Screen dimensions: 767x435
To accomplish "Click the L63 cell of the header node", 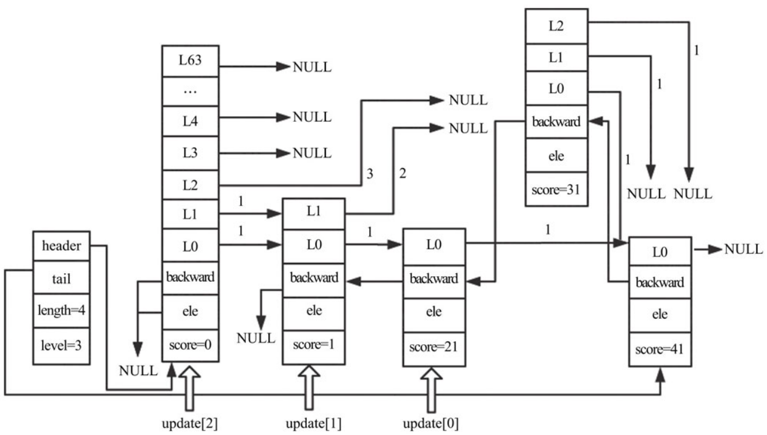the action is coord(190,61).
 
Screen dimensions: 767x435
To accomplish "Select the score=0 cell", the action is coord(190,345).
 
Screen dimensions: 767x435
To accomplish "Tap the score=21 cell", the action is coord(434,348).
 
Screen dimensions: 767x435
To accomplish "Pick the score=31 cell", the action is coord(556,189).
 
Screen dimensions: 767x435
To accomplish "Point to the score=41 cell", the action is coord(660,349).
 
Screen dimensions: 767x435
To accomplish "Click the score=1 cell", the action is coord(314,347).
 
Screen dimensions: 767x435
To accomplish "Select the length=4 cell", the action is coord(62,311).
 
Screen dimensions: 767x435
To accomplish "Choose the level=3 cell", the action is coord(62,346).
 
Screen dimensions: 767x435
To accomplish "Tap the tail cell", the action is coord(62,278).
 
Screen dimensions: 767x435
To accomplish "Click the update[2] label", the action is coord(190,424).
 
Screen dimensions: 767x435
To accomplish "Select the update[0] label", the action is coord(430,424).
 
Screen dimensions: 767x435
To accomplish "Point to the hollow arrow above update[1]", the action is coord(309,387).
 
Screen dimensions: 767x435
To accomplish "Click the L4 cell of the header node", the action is coord(190,121).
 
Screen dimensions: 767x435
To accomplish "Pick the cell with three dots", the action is coord(190,91).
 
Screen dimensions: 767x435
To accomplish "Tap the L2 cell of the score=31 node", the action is coord(556,27).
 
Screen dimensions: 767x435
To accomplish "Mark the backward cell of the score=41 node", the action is coord(660,282).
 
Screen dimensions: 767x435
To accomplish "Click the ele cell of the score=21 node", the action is coord(434,311).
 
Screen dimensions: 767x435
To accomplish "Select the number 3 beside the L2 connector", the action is coord(370,174).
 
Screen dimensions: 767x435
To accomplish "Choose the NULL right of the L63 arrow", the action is coord(312,67).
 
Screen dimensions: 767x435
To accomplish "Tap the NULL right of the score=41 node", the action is coord(744,250).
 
